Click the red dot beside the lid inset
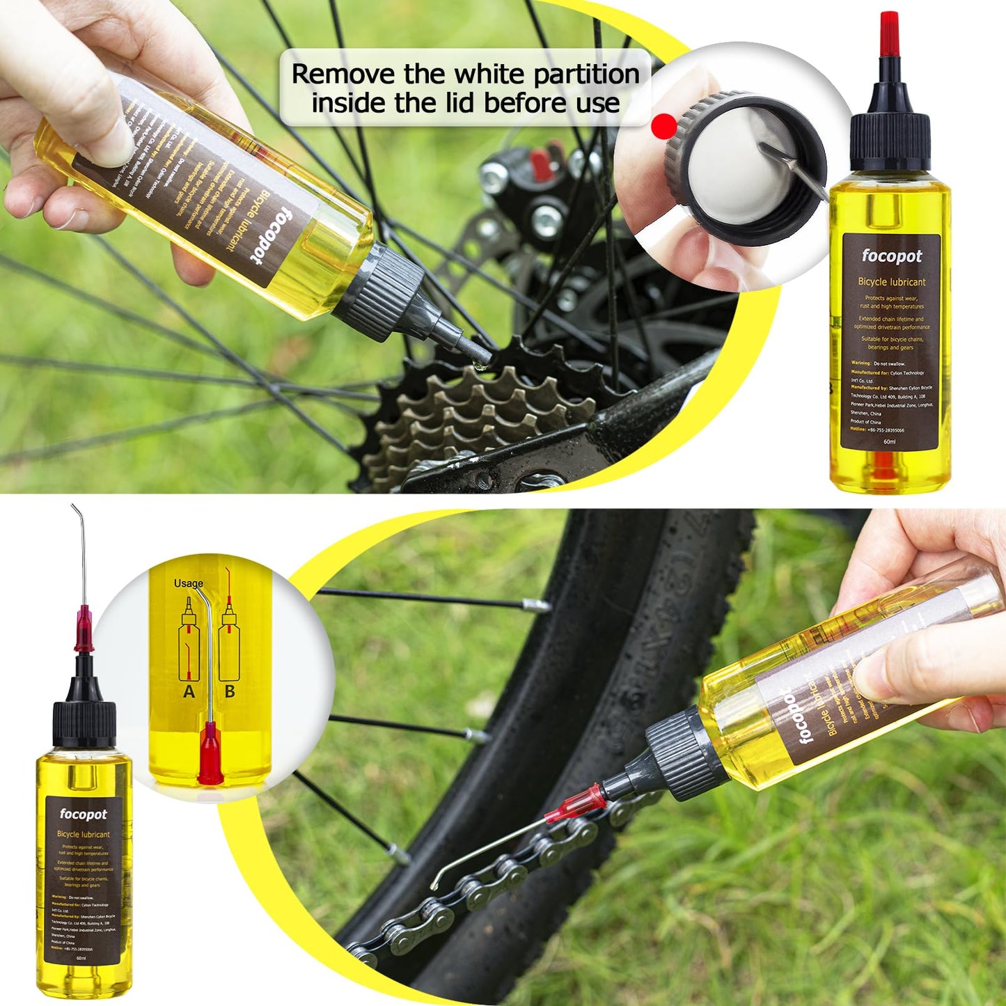click(664, 127)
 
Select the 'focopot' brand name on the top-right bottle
click(891, 256)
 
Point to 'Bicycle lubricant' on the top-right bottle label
click(891, 282)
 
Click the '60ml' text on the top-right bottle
click(889, 441)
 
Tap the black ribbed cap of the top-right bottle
click(890, 141)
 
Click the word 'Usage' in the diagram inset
click(189, 583)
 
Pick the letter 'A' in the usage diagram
click(189, 691)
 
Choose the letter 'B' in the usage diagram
click(230, 691)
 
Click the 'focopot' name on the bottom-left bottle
click(84, 814)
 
